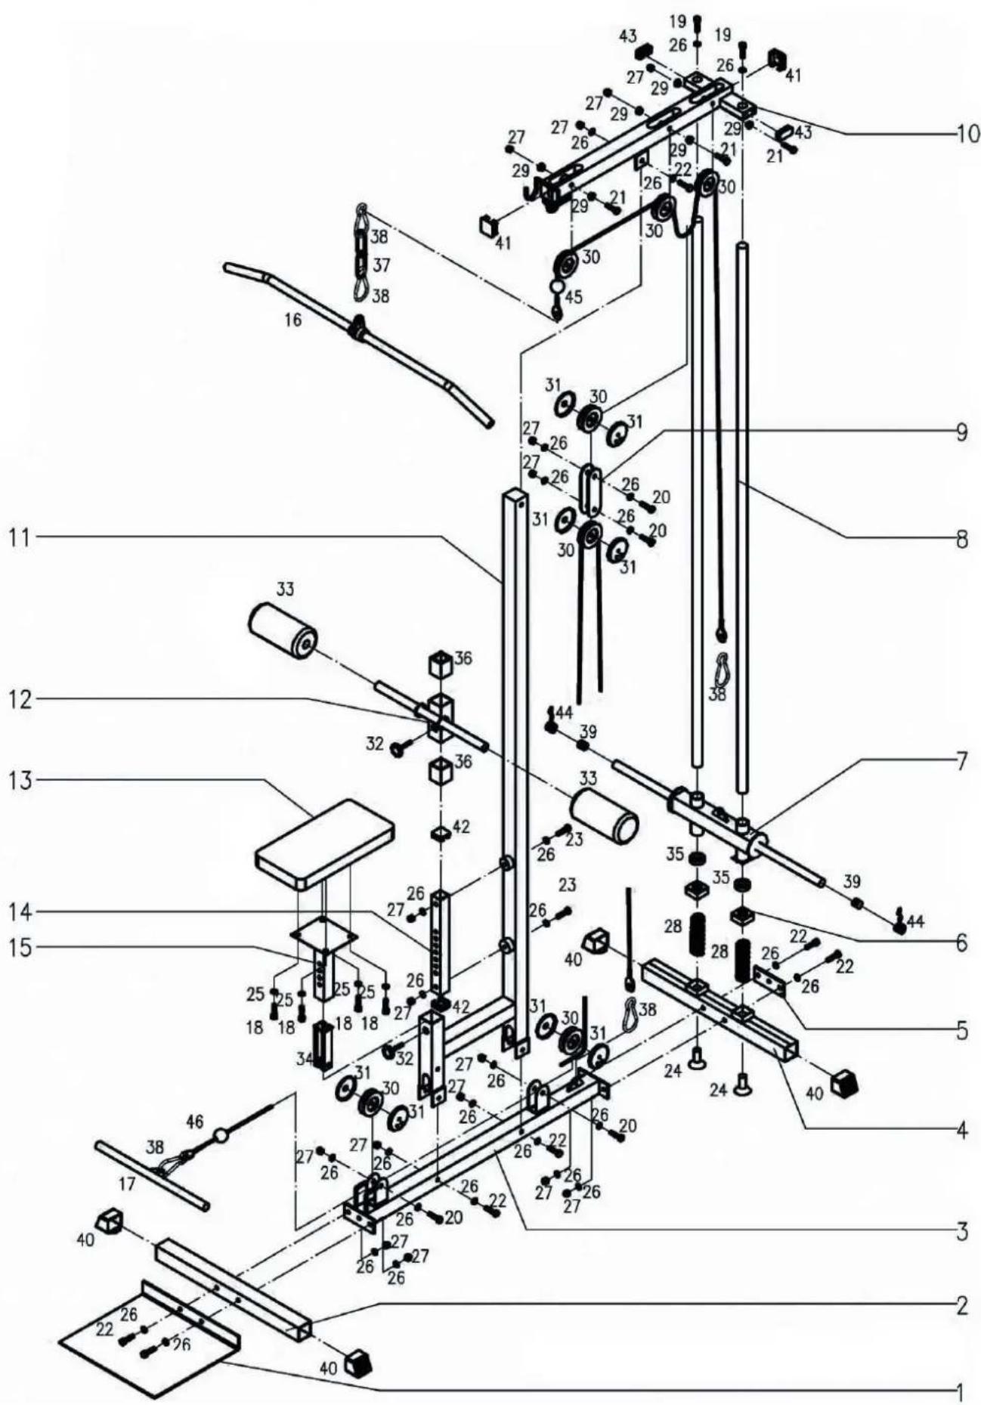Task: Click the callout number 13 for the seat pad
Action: (x=21, y=781)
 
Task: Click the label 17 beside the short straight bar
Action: (x=127, y=1184)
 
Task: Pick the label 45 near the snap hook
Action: (x=574, y=297)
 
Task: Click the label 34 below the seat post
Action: (x=304, y=1059)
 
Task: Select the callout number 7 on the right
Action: (x=961, y=761)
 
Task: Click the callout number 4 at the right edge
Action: (x=961, y=1129)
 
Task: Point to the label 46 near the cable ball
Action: (x=194, y=1122)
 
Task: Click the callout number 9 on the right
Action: (x=961, y=433)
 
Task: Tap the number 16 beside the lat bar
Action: (x=293, y=320)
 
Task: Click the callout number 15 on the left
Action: (x=21, y=949)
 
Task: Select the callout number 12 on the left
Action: (x=21, y=700)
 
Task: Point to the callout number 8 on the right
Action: (x=961, y=540)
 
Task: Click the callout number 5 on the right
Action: (x=961, y=1031)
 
